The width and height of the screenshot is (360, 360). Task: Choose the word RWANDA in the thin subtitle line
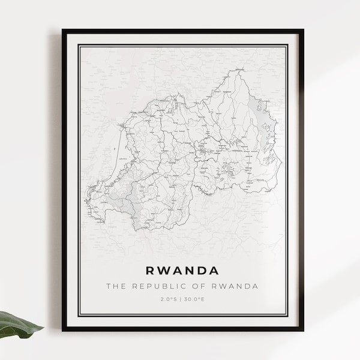236,286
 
